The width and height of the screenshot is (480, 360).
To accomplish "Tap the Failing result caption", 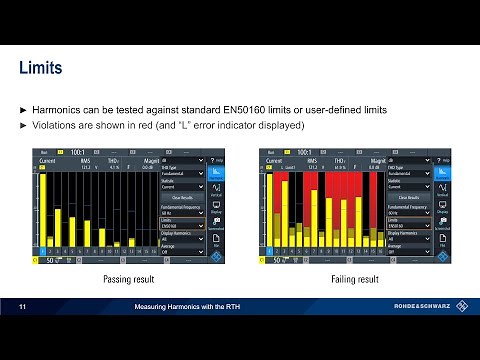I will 354,279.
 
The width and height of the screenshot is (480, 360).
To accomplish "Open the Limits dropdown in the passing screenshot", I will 182,226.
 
